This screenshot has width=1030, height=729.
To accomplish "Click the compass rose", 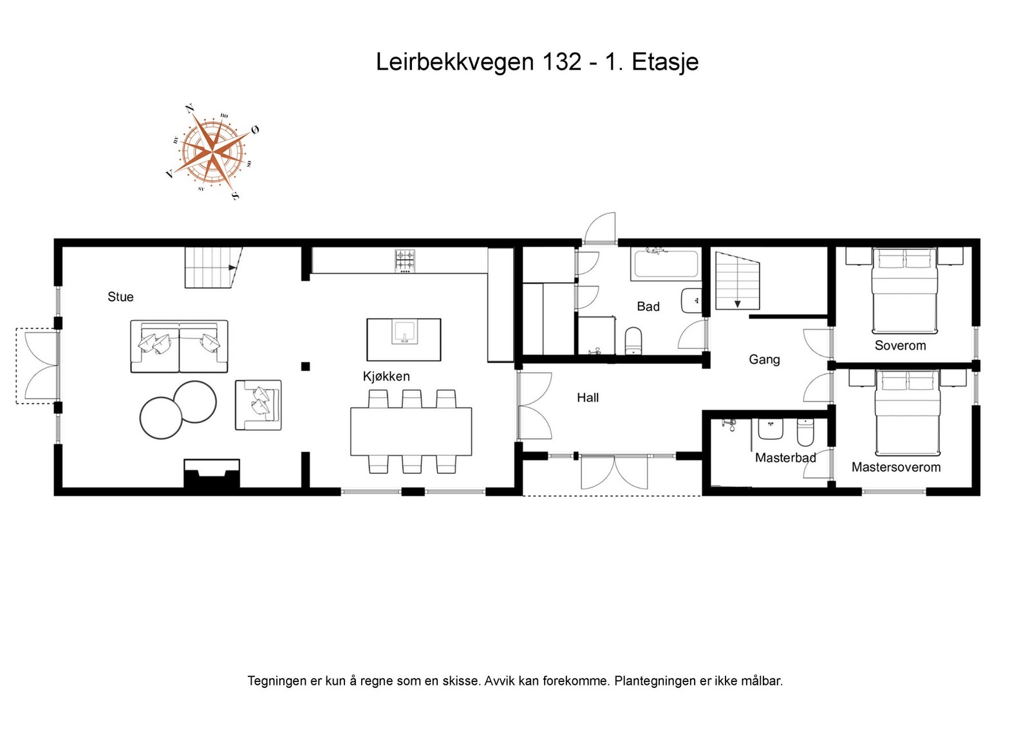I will pos(213,152).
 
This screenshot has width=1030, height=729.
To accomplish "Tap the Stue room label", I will pos(120,297).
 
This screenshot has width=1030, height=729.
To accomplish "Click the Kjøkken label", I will pos(386,377).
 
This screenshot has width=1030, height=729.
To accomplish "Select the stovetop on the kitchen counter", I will pos(405,261).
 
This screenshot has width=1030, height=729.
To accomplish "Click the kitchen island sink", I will pos(404,334).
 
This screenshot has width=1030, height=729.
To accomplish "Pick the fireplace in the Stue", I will pos(212,475).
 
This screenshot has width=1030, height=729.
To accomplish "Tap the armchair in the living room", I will pos(258,405).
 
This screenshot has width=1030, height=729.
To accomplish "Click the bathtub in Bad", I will pos(666,264).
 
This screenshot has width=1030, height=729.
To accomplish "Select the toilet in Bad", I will pos(633,341).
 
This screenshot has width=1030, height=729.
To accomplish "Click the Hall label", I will pos(588,398).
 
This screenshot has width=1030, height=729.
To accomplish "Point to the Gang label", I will pos(764,359).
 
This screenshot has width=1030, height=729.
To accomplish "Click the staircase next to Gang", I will pos(738,281).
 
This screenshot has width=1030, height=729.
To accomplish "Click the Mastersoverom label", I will pos(895,468).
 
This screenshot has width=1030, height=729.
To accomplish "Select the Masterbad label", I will pos(785,458).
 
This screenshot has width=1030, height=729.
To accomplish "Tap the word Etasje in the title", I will pos(665,62).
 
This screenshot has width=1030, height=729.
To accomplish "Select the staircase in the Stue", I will pos(212,267).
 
